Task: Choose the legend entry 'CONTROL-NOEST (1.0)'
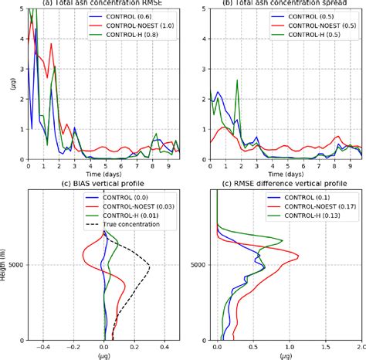(x=139, y=26)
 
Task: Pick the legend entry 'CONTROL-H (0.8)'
(x=130, y=36)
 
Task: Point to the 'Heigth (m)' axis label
(x=6, y=267)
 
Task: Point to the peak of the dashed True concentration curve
(x=148, y=267)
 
